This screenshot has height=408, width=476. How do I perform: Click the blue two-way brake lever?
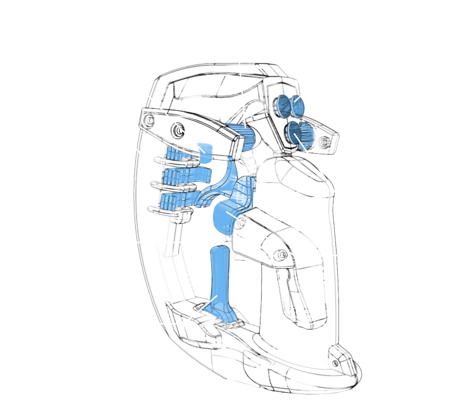(x=219, y=286)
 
